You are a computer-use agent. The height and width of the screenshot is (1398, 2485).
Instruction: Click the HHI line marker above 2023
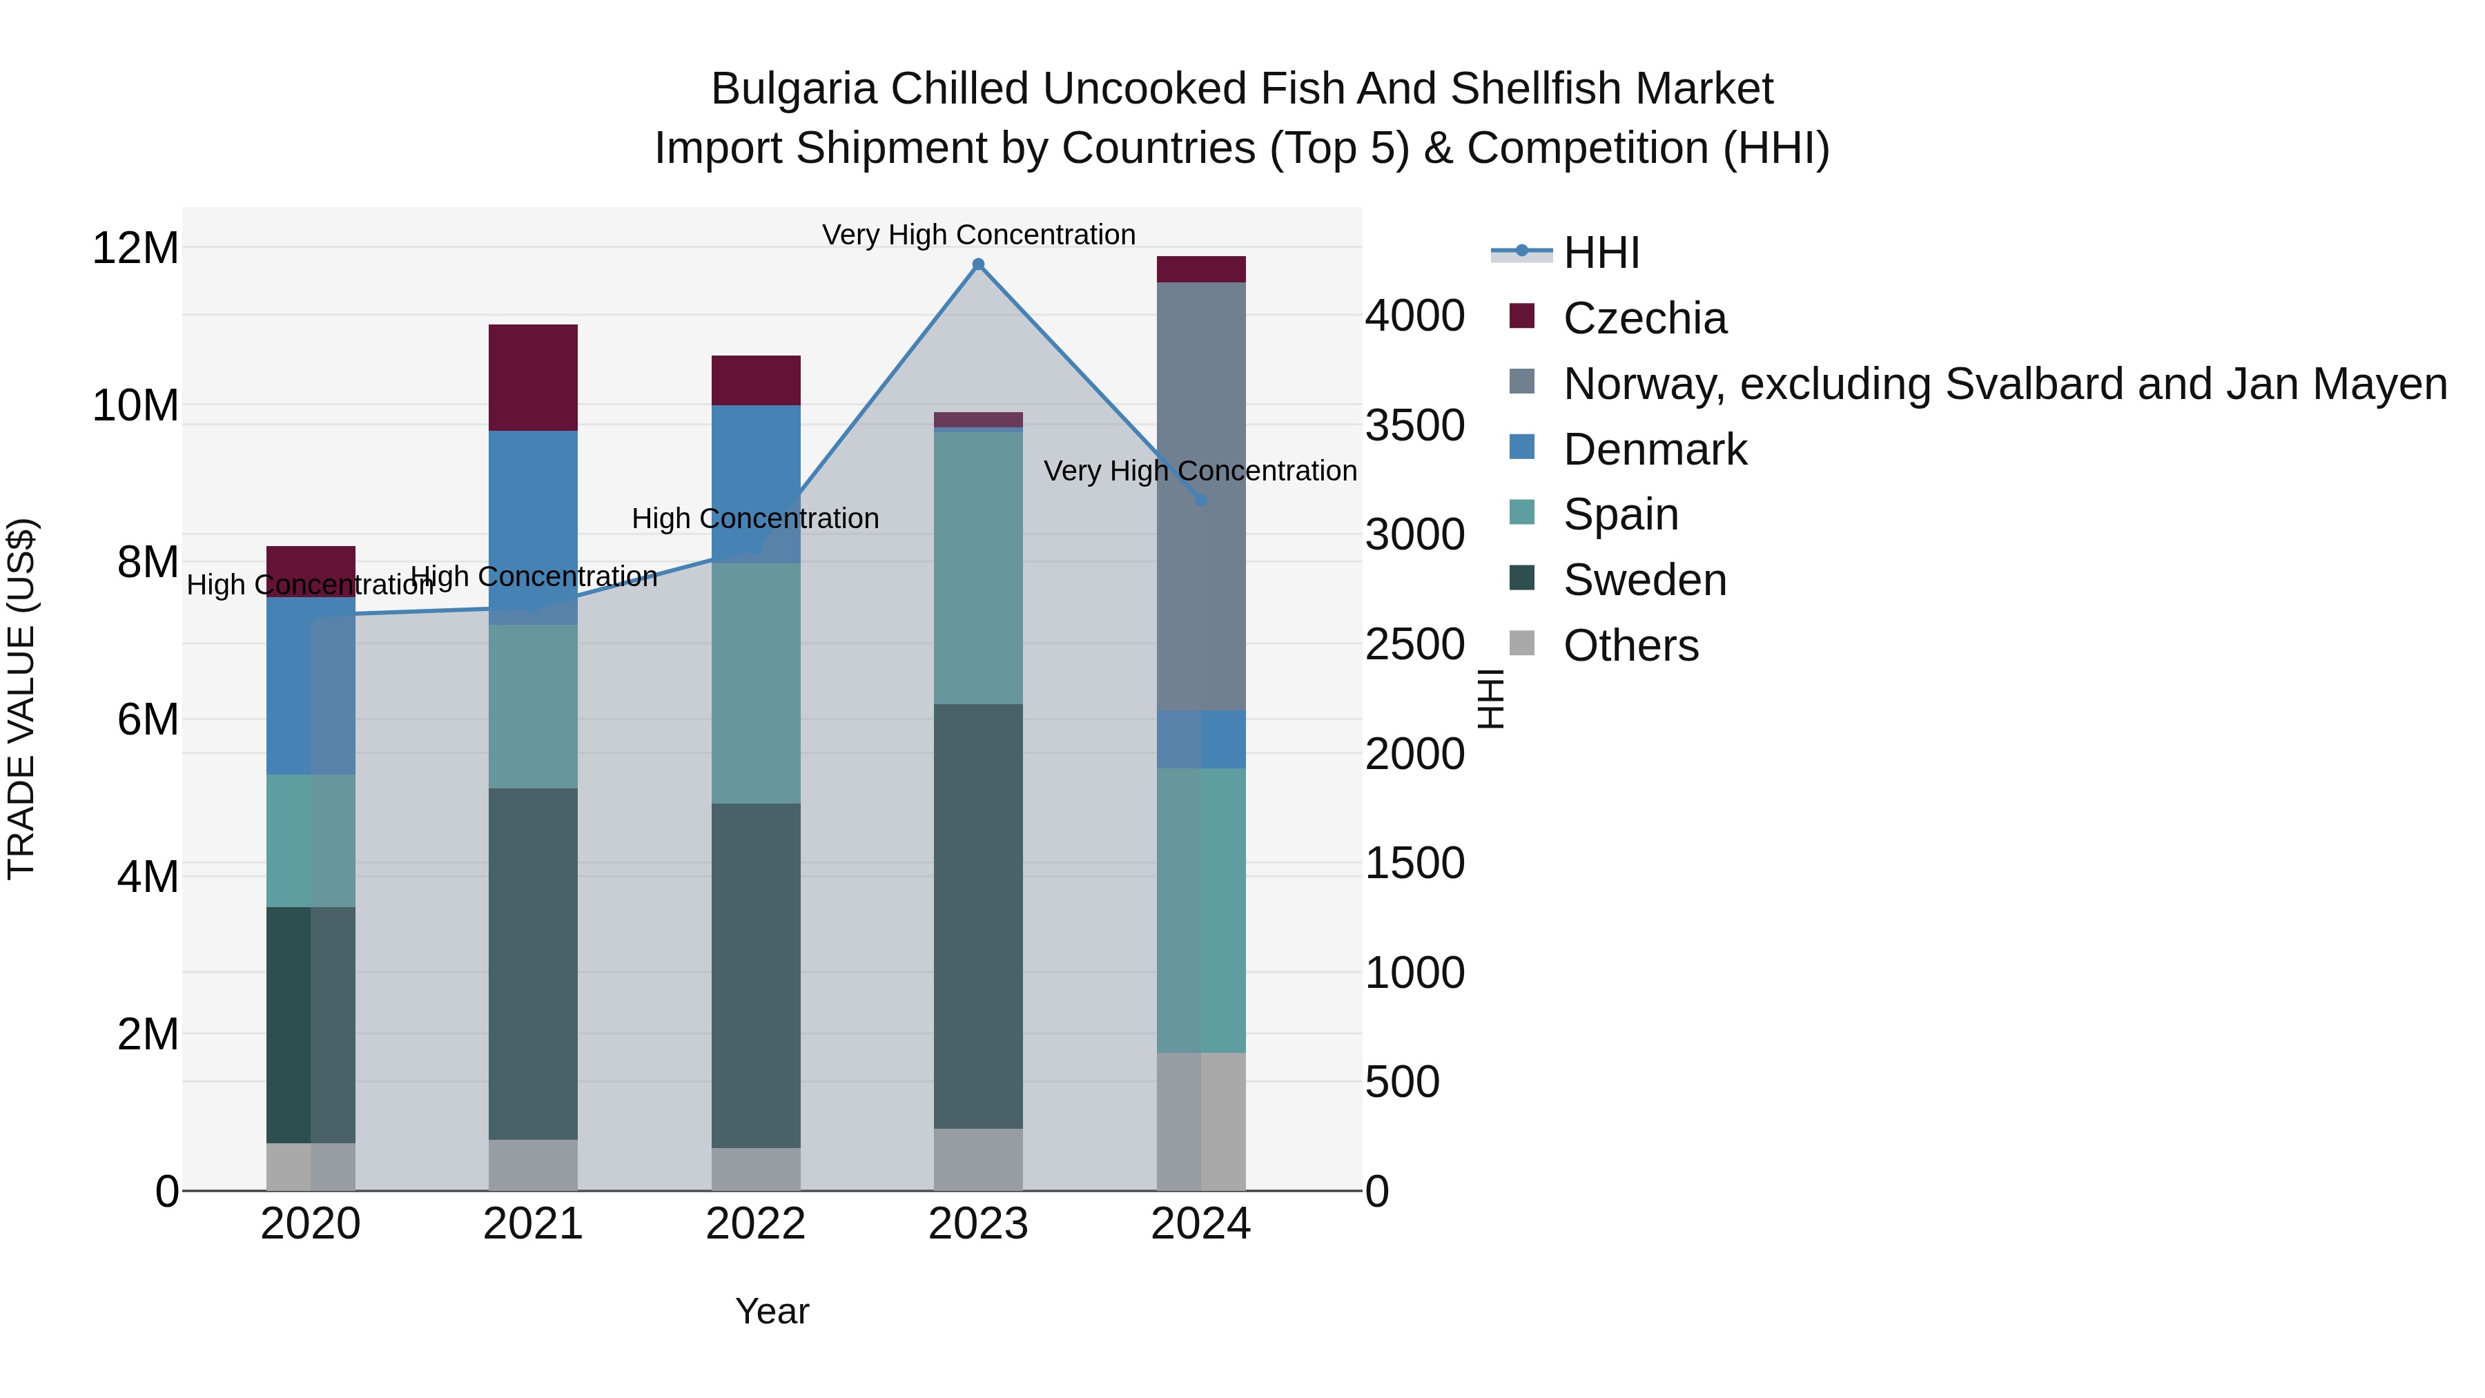click(x=978, y=264)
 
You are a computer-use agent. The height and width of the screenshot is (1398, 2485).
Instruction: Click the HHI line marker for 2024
click(x=1201, y=500)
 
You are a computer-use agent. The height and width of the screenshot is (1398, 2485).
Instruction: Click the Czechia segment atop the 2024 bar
click(x=1201, y=269)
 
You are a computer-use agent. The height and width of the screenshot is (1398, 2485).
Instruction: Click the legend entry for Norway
click(x=2004, y=384)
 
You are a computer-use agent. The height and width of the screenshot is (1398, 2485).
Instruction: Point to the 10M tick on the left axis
click(x=135, y=405)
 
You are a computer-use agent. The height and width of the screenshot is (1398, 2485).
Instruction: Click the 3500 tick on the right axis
click(x=1414, y=425)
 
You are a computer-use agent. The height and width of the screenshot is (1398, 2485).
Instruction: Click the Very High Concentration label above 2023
click(x=978, y=235)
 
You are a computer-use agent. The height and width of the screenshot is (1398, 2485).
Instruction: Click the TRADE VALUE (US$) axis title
click(x=21, y=699)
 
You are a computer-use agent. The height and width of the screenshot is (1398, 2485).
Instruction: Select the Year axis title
click(x=772, y=1311)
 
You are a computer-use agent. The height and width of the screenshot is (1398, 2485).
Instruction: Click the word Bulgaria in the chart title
click(x=793, y=89)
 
